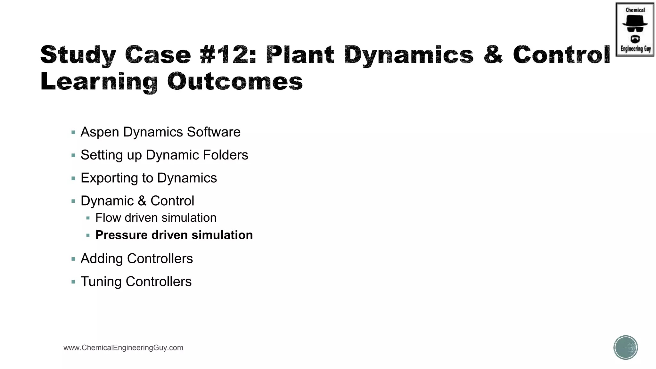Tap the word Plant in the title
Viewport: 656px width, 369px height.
[300, 54]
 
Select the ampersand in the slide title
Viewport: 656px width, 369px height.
[493, 54]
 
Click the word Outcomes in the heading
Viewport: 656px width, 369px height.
[235, 81]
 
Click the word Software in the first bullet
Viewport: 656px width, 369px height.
[214, 132]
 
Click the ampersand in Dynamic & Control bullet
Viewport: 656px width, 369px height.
[142, 201]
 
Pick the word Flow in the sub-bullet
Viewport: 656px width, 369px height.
[108, 218]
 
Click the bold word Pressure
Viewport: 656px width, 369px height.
[121, 235]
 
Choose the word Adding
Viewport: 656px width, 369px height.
[102, 259]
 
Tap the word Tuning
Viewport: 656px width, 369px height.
[101, 282]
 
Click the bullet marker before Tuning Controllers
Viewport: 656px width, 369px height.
[73, 282]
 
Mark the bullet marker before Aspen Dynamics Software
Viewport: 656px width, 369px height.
[73, 132]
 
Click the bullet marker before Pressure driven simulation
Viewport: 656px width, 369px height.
[88, 235]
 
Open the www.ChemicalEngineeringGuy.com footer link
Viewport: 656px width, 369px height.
[123, 348]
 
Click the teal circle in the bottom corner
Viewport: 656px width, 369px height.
[626, 348]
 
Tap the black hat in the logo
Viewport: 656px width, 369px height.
[635, 21]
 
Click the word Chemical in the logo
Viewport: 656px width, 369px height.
[635, 10]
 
